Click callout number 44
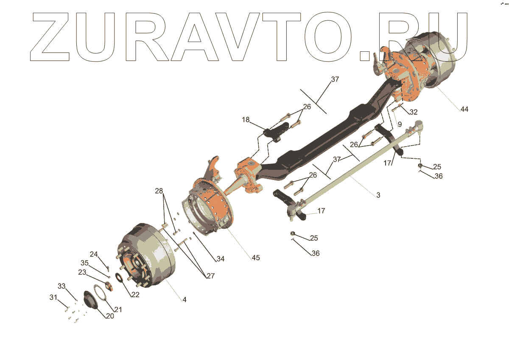(464, 110)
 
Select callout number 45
(255, 258)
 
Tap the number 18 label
(246, 120)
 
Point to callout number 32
(413, 112)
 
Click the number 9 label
(399, 124)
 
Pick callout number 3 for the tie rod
(378, 195)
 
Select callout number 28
(159, 191)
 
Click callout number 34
(220, 259)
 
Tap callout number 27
(210, 276)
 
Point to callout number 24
(94, 255)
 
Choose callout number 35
(85, 263)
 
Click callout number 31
(53, 297)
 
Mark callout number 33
(62, 287)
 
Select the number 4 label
(185, 300)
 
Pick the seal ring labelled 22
(120, 281)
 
